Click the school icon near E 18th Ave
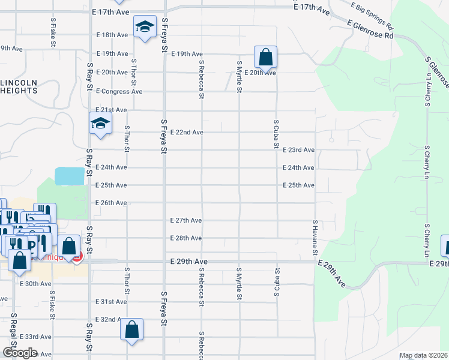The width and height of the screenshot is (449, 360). [144, 27]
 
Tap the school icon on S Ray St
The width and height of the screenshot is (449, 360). [100, 124]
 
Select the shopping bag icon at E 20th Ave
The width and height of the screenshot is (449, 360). [265, 58]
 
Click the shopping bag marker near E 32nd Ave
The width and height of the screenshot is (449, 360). [131, 329]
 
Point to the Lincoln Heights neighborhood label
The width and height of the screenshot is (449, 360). [18, 86]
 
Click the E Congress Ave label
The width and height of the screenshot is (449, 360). [119, 92]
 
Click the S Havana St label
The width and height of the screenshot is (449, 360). [315, 238]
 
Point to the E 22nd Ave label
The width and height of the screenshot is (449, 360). [187, 132]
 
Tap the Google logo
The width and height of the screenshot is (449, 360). [19, 353]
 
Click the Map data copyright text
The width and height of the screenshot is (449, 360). [424, 356]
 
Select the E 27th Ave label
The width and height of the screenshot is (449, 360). [185, 220]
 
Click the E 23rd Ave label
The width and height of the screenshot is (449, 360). [299, 150]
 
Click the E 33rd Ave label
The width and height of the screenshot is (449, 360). [35, 337]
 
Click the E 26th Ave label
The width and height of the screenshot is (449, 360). [111, 203]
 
